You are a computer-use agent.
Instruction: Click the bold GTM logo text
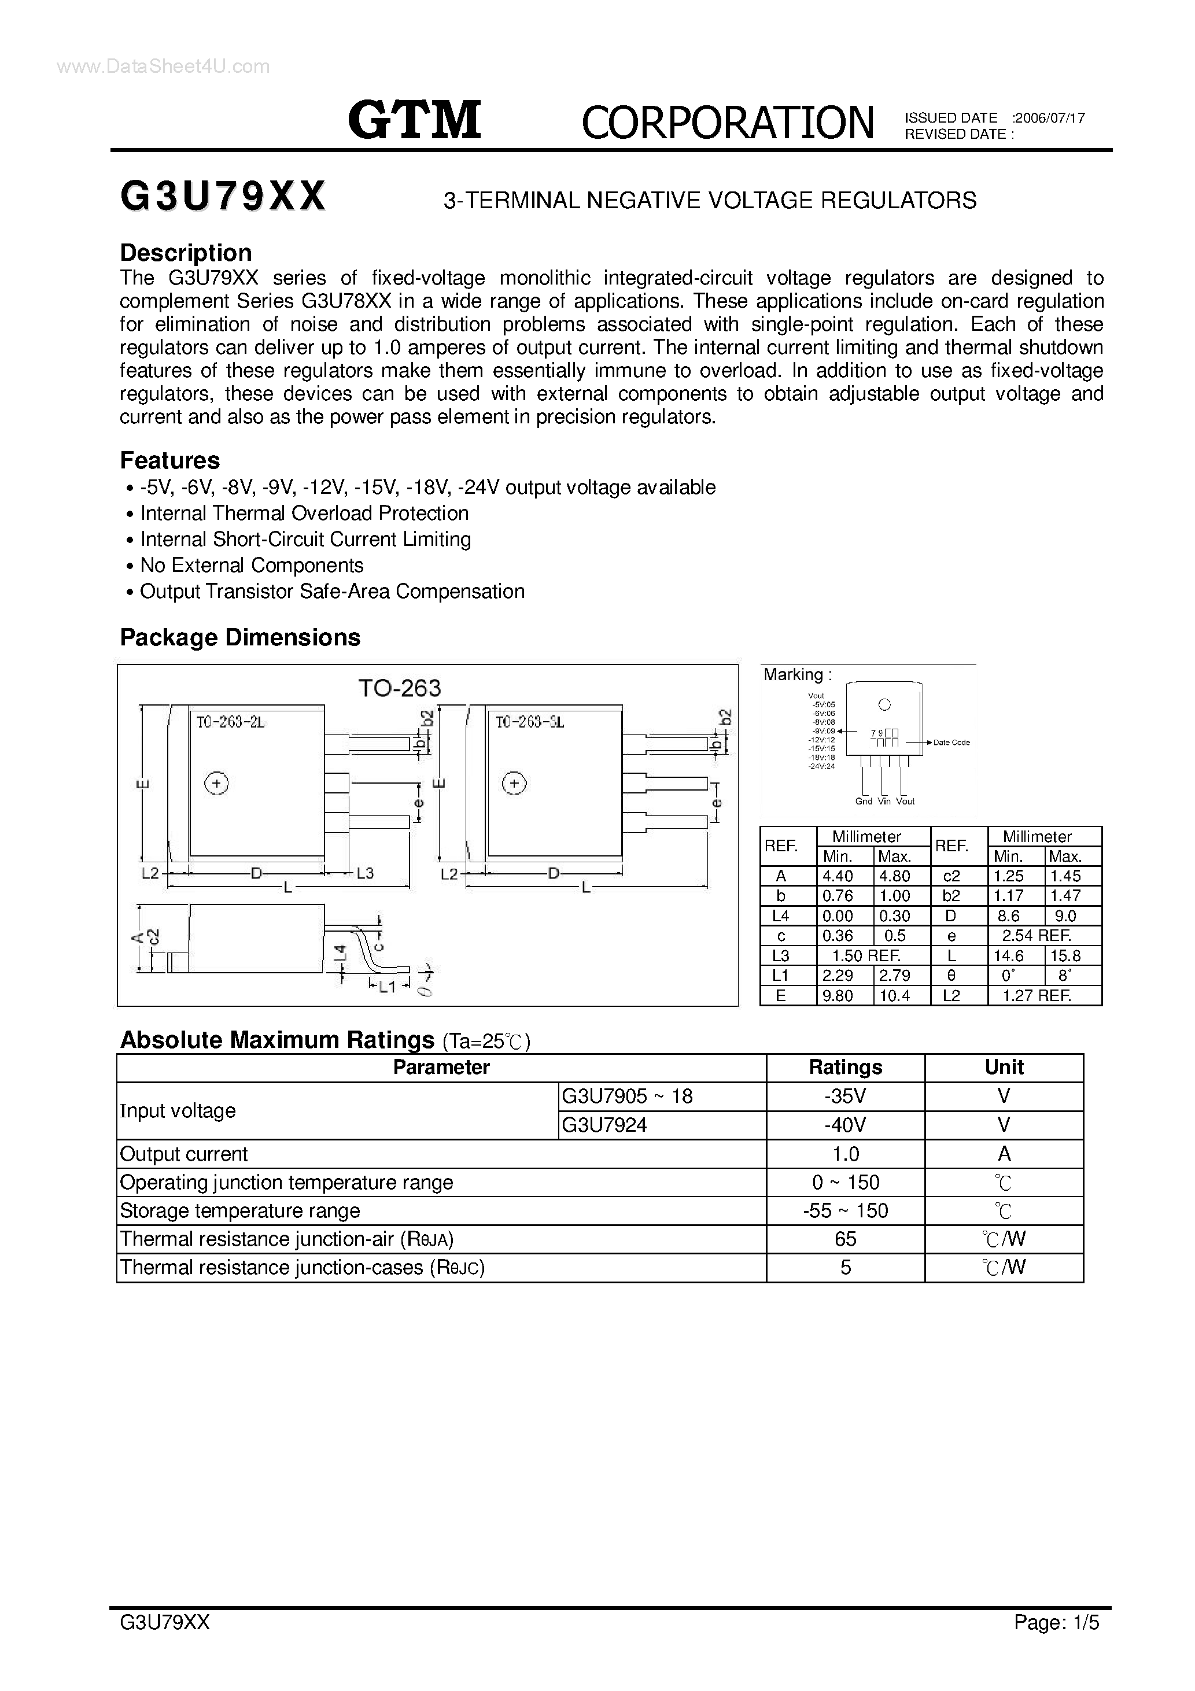tap(415, 121)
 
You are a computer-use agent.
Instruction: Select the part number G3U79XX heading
tap(223, 197)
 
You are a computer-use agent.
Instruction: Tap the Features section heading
tap(169, 460)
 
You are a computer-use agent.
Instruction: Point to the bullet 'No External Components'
tap(251, 566)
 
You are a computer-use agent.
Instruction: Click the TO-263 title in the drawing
tap(399, 688)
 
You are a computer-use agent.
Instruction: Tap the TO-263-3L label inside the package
tap(529, 722)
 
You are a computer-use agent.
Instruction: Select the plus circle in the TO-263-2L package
tap(216, 784)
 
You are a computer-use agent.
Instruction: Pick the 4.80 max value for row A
tap(894, 876)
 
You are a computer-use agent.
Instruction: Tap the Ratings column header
tap(845, 1067)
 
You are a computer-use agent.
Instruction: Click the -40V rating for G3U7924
tap(845, 1125)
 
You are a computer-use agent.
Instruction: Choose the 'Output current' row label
tap(183, 1154)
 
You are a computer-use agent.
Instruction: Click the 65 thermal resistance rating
tap(845, 1239)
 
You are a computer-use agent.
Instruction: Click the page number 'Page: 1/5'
tap(1056, 1643)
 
